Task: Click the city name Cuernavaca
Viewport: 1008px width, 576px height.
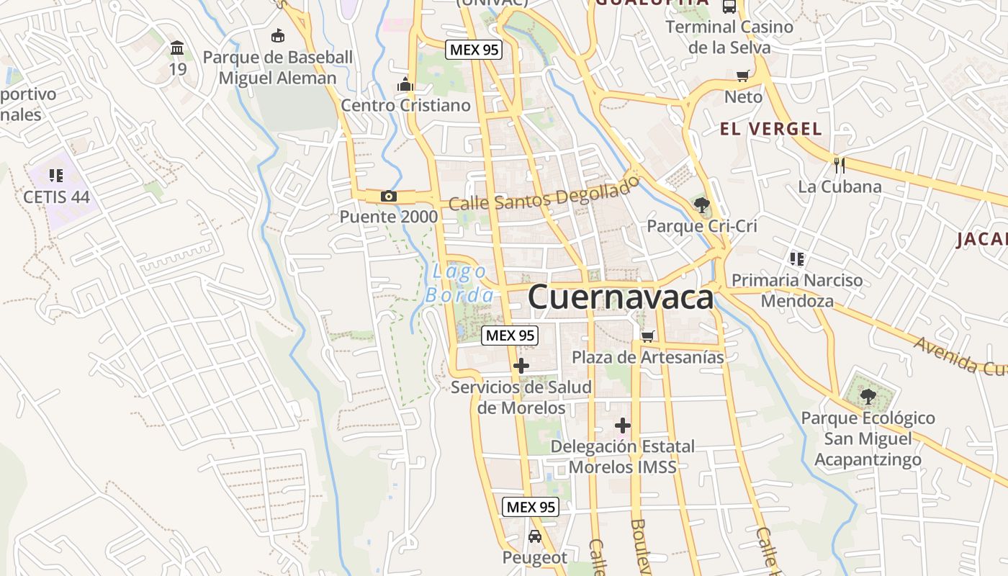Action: [x=621, y=297]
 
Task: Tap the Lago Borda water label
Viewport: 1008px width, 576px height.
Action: [x=460, y=283]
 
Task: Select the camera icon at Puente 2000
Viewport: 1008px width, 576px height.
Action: [x=389, y=196]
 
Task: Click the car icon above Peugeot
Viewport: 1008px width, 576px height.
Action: [x=534, y=536]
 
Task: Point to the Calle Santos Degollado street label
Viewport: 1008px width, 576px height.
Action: [x=544, y=194]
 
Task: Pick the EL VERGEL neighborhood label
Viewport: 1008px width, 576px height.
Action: [x=771, y=129]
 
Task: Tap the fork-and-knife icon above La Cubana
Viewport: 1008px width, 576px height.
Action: [x=839, y=165]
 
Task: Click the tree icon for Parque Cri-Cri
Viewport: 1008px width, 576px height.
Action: [x=701, y=204]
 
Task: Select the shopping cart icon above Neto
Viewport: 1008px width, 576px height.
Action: [x=743, y=76]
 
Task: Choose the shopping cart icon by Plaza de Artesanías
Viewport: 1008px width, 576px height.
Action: [x=648, y=336]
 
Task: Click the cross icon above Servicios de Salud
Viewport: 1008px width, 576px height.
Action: [x=521, y=366]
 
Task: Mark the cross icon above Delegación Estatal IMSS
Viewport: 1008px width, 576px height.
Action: [x=623, y=426]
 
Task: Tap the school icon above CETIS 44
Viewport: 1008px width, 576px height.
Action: [x=56, y=175]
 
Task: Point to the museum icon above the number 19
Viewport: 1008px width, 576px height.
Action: [x=177, y=48]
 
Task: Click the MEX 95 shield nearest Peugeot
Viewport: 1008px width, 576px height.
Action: [x=531, y=507]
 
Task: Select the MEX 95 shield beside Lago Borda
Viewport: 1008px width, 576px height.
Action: [x=510, y=335]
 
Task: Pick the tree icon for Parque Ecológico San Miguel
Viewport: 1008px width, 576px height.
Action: [x=868, y=395]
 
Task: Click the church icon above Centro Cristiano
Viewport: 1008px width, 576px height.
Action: [x=405, y=84]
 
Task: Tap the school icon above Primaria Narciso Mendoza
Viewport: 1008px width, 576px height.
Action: [x=796, y=258]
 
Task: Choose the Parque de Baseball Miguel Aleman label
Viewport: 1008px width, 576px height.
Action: [x=278, y=68]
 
